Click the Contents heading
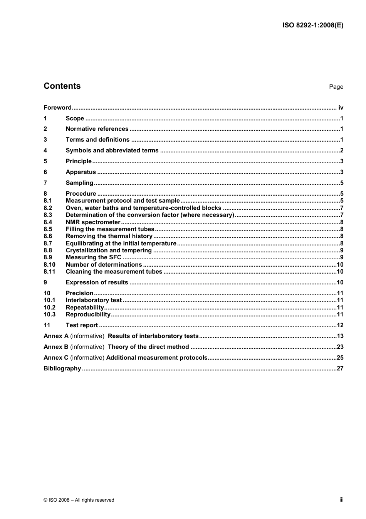pyautogui.click(x=62, y=86)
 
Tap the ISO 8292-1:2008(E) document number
pyautogui.click(x=313, y=25)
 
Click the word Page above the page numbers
pyautogui.click(x=336, y=87)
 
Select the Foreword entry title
pyautogui.click(x=57, y=108)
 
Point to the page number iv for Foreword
pyautogui.click(x=341, y=108)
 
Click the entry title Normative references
pyautogui.click(x=97, y=129)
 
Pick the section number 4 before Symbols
pyautogui.click(x=45, y=150)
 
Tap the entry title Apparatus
pyautogui.click(x=81, y=172)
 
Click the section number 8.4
pyautogui.click(x=48, y=222)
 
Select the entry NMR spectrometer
pyautogui.click(x=93, y=222)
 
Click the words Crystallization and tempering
pyautogui.click(x=109, y=250)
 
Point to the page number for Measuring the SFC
pyautogui.click(x=342, y=257)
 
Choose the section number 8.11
pyautogui.click(x=49, y=272)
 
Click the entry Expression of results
pyautogui.click(x=97, y=282)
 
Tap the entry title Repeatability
pyautogui.click(x=85, y=308)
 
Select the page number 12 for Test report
pyautogui.click(x=340, y=325)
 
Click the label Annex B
pyautogui.click(x=56, y=347)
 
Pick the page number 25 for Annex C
pyautogui.click(x=340, y=358)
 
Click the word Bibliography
pyautogui.click(x=62, y=369)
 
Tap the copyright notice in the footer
pyautogui.click(x=79, y=500)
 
